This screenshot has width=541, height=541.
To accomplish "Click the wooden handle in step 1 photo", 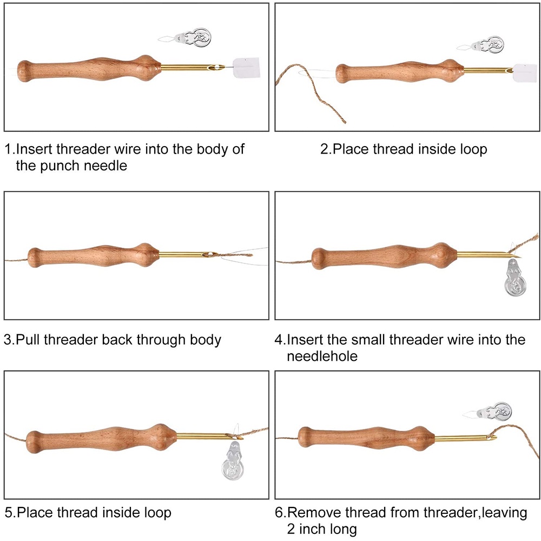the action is pyautogui.click(x=87, y=68).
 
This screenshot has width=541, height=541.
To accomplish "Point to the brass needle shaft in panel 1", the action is pyautogui.click(x=189, y=68).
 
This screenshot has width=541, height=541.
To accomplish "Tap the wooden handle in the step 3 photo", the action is pyautogui.click(x=92, y=256).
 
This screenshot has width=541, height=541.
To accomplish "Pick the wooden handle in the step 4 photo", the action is pyautogui.click(x=379, y=256).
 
